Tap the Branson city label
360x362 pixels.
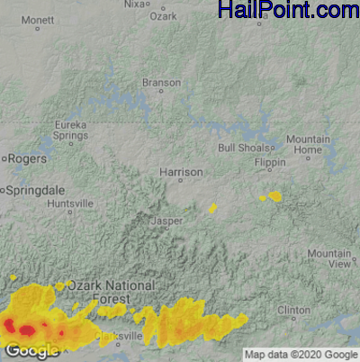(x=162, y=83)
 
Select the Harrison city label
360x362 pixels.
(x=181, y=172)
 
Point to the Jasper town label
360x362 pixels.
(x=167, y=220)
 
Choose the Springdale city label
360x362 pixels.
(x=36, y=191)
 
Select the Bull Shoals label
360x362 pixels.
(x=238, y=148)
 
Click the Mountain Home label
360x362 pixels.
(x=309, y=144)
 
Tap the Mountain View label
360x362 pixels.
(x=328, y=258)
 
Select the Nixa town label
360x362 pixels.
(x=134, y=5)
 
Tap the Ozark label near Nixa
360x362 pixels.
(x=163, y=16)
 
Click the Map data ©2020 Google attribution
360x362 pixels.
(x=301, y=353)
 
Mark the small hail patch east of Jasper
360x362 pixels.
(x=213, y=208)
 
